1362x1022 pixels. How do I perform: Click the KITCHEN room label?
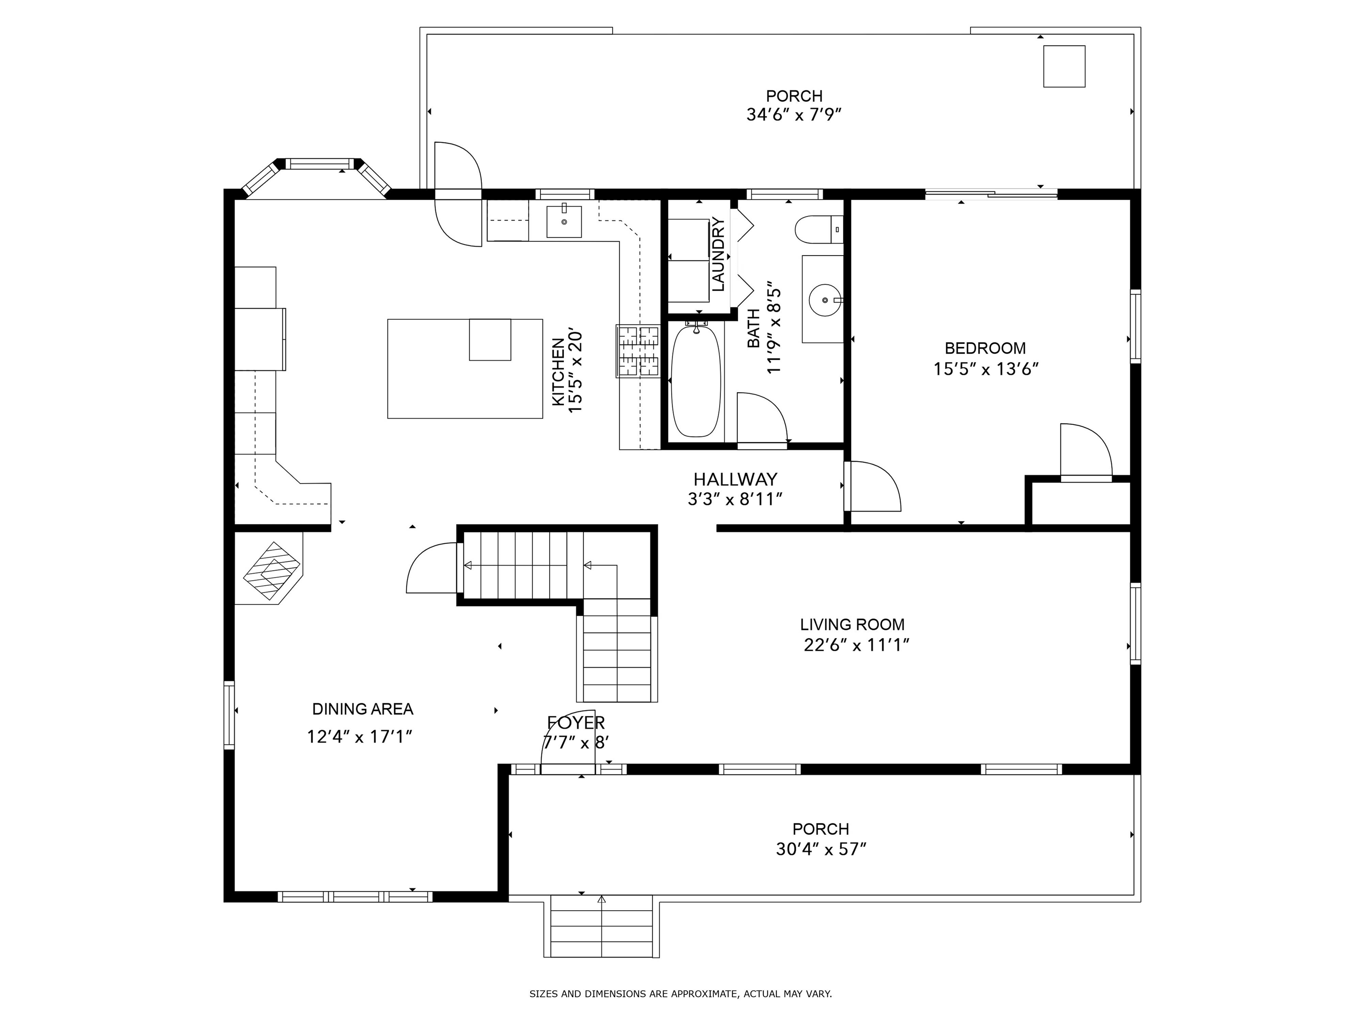coord(558,372)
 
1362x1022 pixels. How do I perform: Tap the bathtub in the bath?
coord(695,381)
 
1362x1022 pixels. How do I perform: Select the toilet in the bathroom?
coord(819,230)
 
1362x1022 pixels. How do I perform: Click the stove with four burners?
coord(638,351)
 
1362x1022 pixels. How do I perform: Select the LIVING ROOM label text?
coord(852,625)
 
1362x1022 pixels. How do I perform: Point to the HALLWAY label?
coord(735,479)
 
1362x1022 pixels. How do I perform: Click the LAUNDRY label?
coord(718,255)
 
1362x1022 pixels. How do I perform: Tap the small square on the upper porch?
coord(1064,66)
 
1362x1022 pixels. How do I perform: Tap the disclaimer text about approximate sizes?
coord(681,994)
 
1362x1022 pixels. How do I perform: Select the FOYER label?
coord(576,723)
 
